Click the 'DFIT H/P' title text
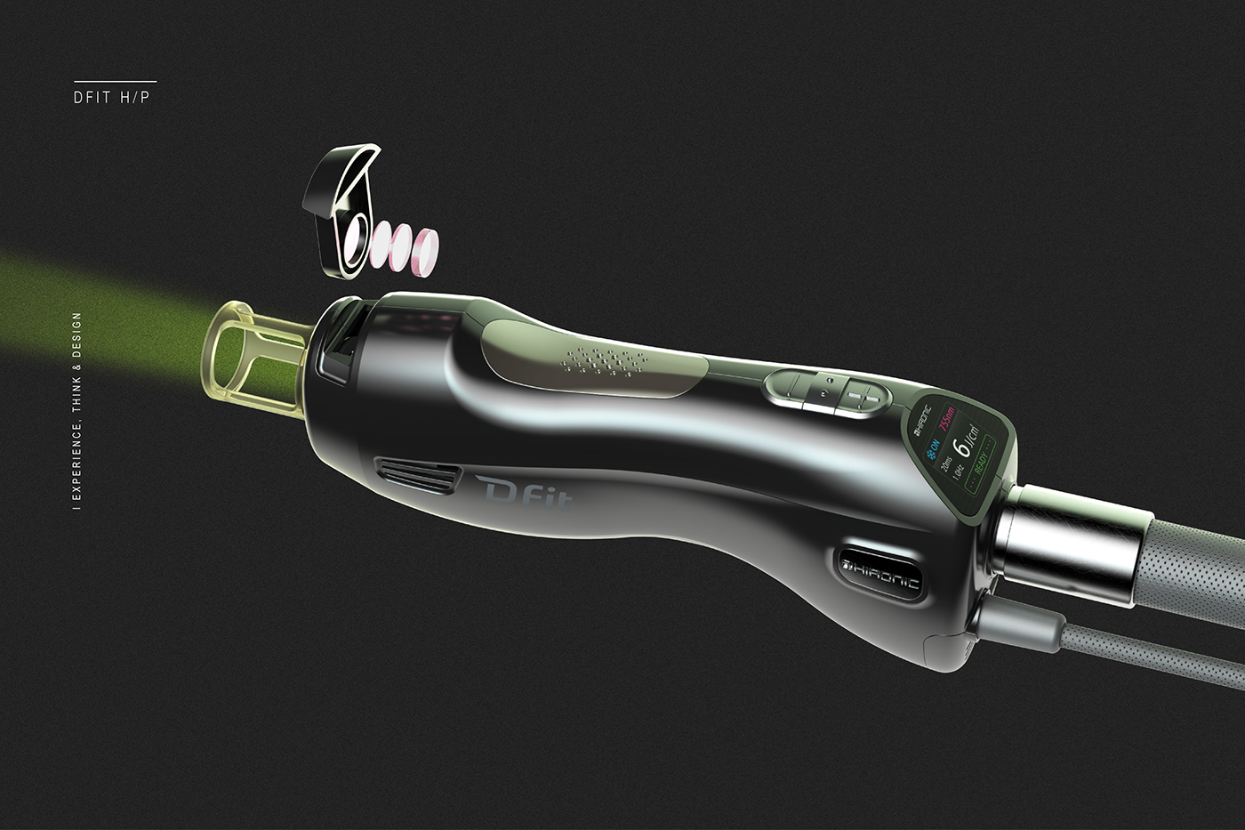[112, 97]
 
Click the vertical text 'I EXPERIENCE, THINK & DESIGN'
[77, 411]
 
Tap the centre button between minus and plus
[826, 390]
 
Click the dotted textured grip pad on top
[605, 361]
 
